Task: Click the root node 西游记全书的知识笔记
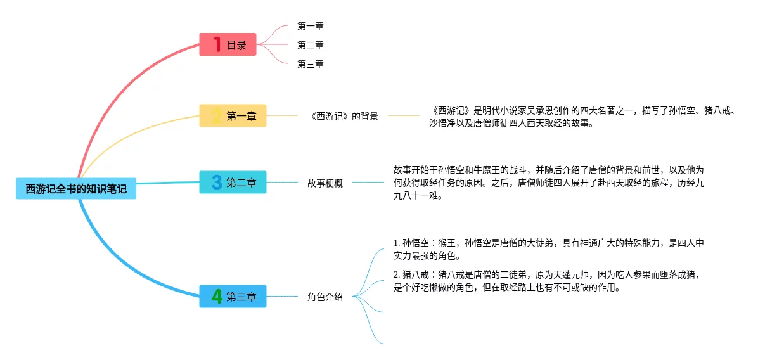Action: [x=76, y=189]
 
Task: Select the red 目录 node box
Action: [x=228, y=45]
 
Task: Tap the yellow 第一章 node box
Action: [x=233, y=116]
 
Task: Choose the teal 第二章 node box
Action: [x=233, y=183]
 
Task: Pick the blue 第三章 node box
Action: [x=233, y=297]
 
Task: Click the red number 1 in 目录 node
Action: [x=217, y=45]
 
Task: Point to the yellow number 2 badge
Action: [x=217, y=116]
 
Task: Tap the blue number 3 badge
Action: [x=217, y=183]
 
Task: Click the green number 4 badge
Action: [x=217, y=297]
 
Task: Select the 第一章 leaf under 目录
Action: [x=311, y=26]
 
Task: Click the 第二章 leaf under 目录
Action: [x=311, y=45]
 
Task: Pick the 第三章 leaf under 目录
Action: [x=311, y=64]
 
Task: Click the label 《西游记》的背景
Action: [x=344, y=116]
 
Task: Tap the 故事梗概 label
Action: [x=325, y=183]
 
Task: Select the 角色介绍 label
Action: [x=325, y=297]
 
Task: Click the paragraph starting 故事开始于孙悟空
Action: [x=548, y=183]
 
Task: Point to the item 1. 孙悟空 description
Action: [x=548, y=250]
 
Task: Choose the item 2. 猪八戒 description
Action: [x=548, y=281]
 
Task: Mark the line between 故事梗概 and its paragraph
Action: [x=368, y=183]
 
